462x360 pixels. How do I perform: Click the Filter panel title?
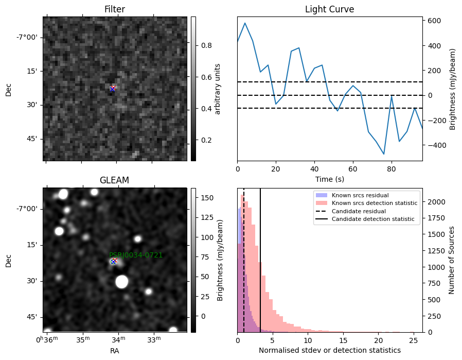coord(115,9)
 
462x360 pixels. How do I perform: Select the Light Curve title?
coord(329,9)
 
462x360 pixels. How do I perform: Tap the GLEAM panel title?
coord(114,180)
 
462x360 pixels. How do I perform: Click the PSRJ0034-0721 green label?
coord(136,255)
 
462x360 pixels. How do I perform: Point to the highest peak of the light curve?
coord(245,23)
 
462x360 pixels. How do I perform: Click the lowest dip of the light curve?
coord(384,154)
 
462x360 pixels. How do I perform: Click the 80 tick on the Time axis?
coord(392,169)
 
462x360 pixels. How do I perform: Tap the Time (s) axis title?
coord(330,179)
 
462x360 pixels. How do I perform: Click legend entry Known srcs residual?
coord(360,195)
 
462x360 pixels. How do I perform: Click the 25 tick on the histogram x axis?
coord(414,340)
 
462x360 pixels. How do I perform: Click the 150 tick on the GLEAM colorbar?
coord(207,198)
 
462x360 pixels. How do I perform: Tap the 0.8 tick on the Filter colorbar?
coord(206,45)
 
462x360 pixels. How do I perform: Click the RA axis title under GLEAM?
coord(114,351)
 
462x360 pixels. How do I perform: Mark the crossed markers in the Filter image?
coord(113,89)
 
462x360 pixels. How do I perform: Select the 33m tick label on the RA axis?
coord(154,340)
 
